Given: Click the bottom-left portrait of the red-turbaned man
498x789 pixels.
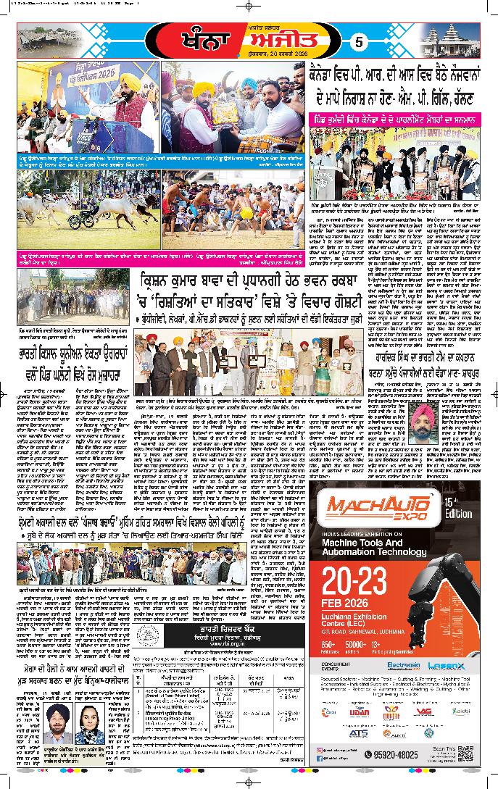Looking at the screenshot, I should pos(57,725).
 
